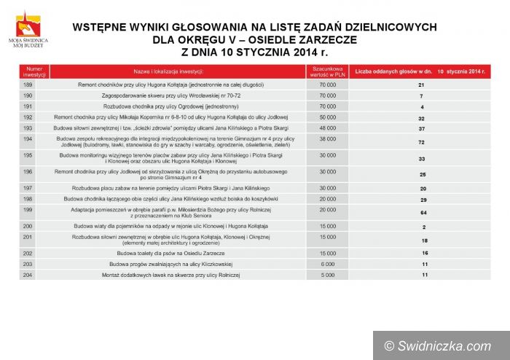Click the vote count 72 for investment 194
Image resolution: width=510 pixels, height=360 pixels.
pos(421,142)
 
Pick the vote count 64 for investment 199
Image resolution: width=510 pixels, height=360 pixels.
pos(421,213)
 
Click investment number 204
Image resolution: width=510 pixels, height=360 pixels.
pos(28,275)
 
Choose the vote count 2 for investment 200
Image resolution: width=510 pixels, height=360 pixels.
pos(421,227)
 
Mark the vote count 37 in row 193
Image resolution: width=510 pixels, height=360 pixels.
pos(421,128)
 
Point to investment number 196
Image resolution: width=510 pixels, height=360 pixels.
pos(28,172)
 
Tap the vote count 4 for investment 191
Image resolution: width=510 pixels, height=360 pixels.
pos(421,107)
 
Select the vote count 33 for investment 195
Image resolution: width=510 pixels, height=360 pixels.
pos(421,159)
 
